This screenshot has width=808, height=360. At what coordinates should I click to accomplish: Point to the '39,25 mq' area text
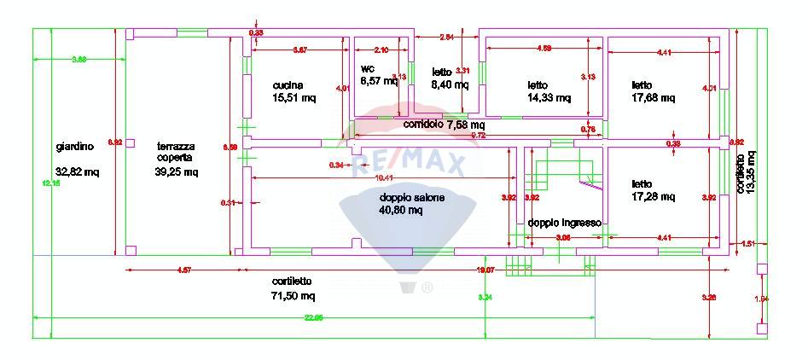(x=177, y=171)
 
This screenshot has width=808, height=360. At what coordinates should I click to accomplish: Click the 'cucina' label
(x=288, y=85)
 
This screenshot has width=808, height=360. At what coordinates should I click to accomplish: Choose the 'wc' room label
(x=368, y=68)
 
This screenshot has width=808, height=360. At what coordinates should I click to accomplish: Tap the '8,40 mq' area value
(x=449, y=84)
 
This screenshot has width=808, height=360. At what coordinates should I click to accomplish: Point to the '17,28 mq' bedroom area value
(x=653, y=197)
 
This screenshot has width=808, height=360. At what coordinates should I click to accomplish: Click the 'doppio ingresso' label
(x=564, y=223)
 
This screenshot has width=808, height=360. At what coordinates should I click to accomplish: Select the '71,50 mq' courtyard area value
(x=294, y=296)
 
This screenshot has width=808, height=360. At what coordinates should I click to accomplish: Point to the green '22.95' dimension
(x=313, y=318)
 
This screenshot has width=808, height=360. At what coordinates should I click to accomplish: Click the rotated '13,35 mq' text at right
(x=750, y=171)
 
